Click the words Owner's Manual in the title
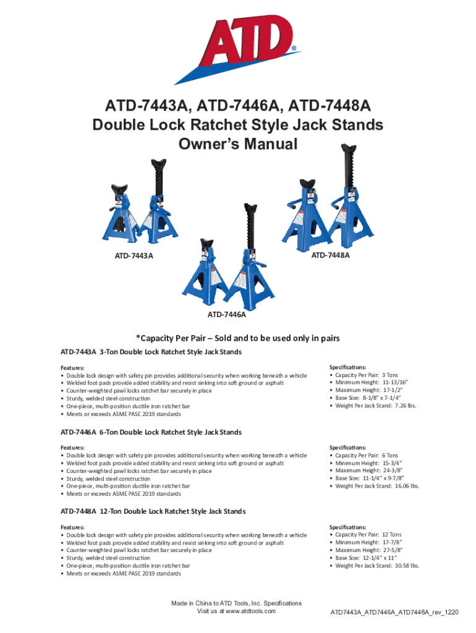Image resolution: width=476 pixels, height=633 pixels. (x=238, y=145)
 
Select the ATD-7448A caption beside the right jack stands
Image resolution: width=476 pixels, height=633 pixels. (x=330, y=255)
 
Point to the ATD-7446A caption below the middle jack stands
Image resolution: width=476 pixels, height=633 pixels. (x=226, y=315)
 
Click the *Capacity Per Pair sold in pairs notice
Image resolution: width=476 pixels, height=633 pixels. (x=238, y=338)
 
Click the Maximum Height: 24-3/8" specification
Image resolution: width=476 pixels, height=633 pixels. (x=365, y=470)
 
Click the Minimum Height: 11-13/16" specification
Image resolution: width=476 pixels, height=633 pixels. (x=367, y=383)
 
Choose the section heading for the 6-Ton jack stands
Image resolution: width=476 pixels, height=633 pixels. (x=151, y=431)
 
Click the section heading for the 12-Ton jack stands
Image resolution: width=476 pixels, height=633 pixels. (x=153, y=511)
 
